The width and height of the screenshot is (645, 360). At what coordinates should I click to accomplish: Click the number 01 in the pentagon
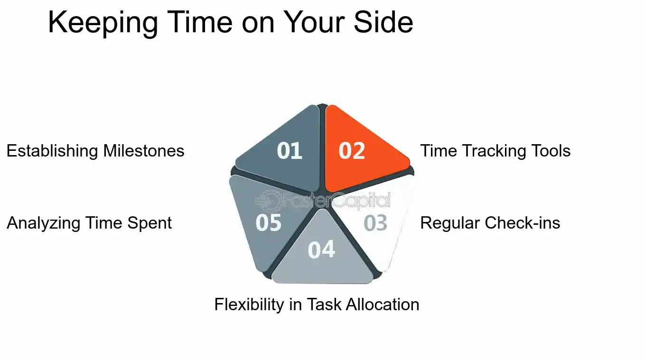click(290, 151)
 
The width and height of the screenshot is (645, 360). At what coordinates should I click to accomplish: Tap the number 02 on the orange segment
click(352, 151)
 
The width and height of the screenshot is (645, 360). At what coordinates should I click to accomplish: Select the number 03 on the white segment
click(375, 223)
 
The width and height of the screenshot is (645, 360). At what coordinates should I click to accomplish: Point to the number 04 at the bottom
click(321, 250)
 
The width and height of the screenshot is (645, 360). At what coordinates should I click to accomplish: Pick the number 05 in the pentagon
click(268, 223)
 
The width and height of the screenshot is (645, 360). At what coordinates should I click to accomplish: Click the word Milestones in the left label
click(144, 151)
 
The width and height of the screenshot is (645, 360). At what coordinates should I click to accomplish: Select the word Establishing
click(53, 151)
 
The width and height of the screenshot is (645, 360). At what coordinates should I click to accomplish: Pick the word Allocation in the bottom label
click(383, 304)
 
